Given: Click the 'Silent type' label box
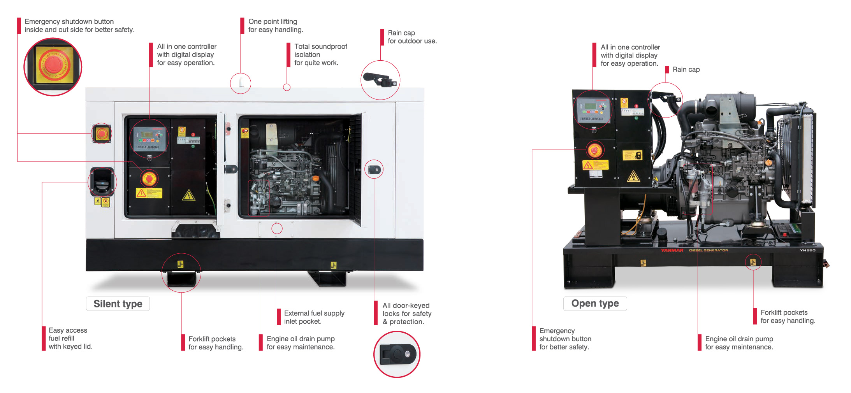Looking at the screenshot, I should (x=118, y=304).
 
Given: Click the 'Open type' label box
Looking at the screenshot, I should (x=594, y=304).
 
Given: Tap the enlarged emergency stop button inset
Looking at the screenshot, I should (x=53, y=67).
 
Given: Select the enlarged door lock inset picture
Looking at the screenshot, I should (x=397, y=354).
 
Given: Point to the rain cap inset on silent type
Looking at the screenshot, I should (x=380, y=80).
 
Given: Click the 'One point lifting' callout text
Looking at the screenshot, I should (x=275, y=26).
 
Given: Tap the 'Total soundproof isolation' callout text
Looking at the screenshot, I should (x=320, y=54).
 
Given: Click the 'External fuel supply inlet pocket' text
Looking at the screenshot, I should (x=314, y=317).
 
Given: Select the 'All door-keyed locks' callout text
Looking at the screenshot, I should (x=406, y=314).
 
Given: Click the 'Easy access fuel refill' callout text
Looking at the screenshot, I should (x=70, y=338).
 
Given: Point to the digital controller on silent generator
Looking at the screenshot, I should (x=149, y=139).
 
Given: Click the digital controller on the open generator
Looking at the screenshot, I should (x=592, y=110).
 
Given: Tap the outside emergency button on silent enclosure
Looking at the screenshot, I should (x=102, y=134).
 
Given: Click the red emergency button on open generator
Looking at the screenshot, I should (x=594, y=150).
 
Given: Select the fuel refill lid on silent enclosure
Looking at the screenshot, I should (x=102, y=181).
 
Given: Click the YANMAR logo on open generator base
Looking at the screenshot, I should (x=672, y=250).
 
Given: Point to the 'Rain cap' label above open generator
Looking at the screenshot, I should (x=686, y=70).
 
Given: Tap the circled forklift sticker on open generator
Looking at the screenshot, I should (x=753, y=262).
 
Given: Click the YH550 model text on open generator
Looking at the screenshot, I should (x=807, y=250).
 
